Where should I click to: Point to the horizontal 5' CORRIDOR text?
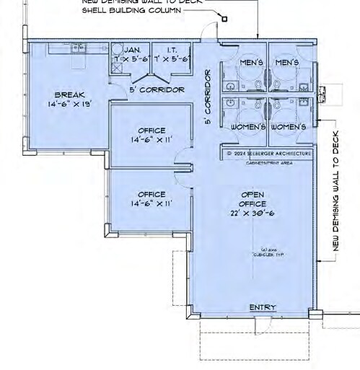[157, 89]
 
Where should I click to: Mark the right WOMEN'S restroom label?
[289, 127]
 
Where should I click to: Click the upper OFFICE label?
[151, 131]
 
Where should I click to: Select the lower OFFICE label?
[151, 194]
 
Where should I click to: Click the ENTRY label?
[262, 308]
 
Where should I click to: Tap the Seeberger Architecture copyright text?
[267, 154]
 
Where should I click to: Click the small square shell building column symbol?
[224, 19]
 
